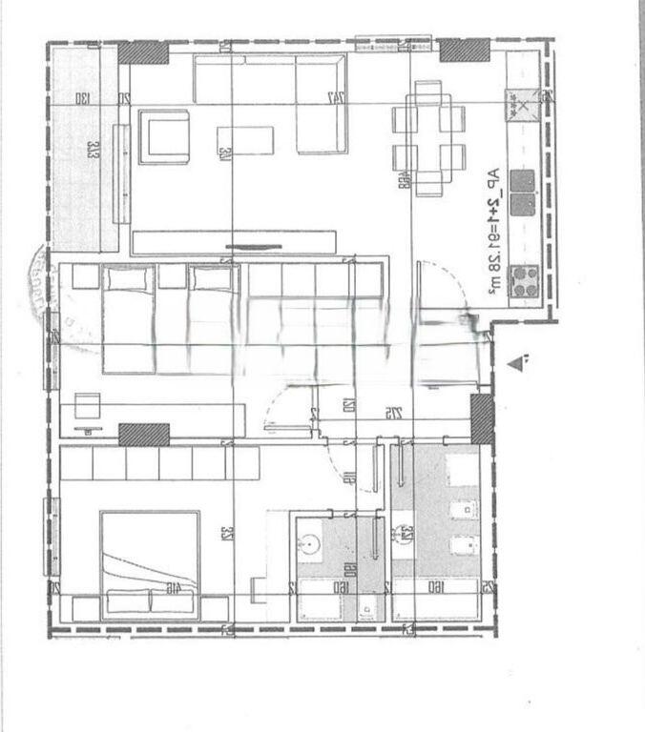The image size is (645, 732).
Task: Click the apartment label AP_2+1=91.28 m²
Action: click(492, 229)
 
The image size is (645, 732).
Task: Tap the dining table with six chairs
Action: click(428, 137)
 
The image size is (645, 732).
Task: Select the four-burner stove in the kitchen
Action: click(522, 279)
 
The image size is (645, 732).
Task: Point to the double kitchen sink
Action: click(522, 192)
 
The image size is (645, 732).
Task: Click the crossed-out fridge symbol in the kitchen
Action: click(522, 104)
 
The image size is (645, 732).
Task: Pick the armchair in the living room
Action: click(164, 137)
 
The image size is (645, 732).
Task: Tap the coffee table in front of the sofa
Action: click(244, 141)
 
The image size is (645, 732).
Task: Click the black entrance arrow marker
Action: click(518, 362)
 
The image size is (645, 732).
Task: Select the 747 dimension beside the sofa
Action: click(335, 98)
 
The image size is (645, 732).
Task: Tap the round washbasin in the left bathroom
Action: click(312, 546)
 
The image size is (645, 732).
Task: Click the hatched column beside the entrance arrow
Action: click(482, 419)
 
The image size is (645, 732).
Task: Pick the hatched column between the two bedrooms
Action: click(144, 435)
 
